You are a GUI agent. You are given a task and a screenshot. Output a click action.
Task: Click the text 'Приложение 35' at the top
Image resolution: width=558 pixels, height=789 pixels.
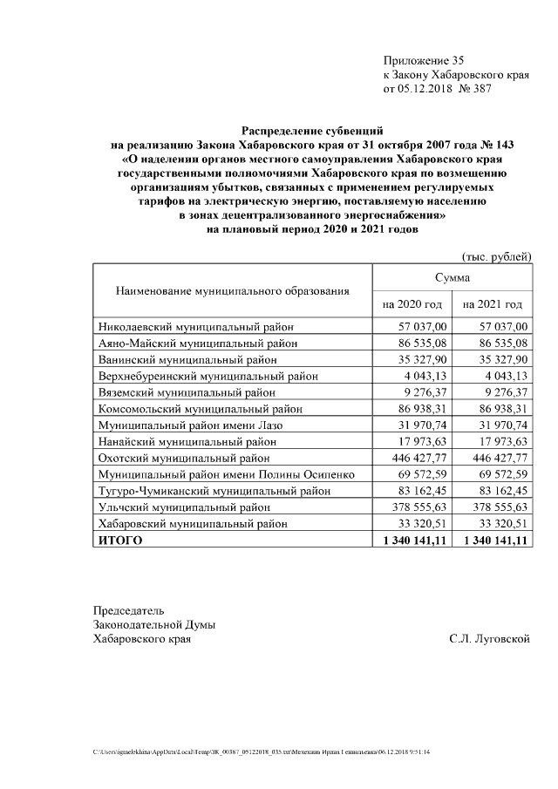pyautogui.click(x=424, y=60)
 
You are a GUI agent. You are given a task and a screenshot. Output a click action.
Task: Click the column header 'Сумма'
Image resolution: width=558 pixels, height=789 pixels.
pyautogui.click(x=453, y=278)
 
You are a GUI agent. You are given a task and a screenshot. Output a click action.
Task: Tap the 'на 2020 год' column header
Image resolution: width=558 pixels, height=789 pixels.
pyautogui.click(x=412, y=304)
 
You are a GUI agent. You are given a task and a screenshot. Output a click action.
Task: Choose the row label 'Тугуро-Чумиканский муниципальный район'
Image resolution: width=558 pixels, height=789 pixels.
pyautogui.click(x=214, y=491)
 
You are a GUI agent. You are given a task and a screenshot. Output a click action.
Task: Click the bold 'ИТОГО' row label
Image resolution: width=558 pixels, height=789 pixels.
pyautogui.click(x=120, y=541)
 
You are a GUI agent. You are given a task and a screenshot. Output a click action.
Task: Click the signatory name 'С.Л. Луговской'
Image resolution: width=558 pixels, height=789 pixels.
pyautogui.click(x=490, y=639)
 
